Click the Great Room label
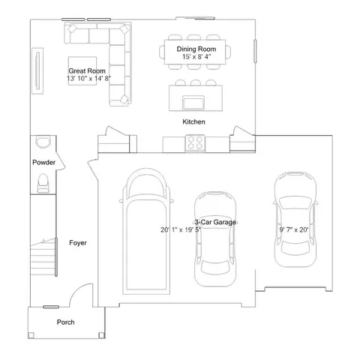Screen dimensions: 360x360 [87, 70]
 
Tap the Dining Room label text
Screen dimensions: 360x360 [196, 49]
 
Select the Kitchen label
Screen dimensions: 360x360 [193, 121]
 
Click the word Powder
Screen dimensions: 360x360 [44, 163]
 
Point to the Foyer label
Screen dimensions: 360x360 [78, 243]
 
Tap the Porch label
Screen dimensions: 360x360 [65, 322]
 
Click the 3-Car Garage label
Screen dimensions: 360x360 [215, 222]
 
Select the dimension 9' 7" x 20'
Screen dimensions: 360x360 [294, 229]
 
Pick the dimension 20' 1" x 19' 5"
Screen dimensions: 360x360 [181, 229]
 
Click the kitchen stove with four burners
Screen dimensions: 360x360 [195, 143]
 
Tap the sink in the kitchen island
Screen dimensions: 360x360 [193, 103]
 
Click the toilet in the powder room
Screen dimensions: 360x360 [43, 183]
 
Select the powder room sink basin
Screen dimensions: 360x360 [43, 142]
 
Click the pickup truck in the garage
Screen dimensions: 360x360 [146, 231]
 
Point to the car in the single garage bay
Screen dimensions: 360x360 [295, 219]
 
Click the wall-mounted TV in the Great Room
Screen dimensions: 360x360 [37, 70]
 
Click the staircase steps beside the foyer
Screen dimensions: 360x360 [43, 257]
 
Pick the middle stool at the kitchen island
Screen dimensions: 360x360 [195, 82]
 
